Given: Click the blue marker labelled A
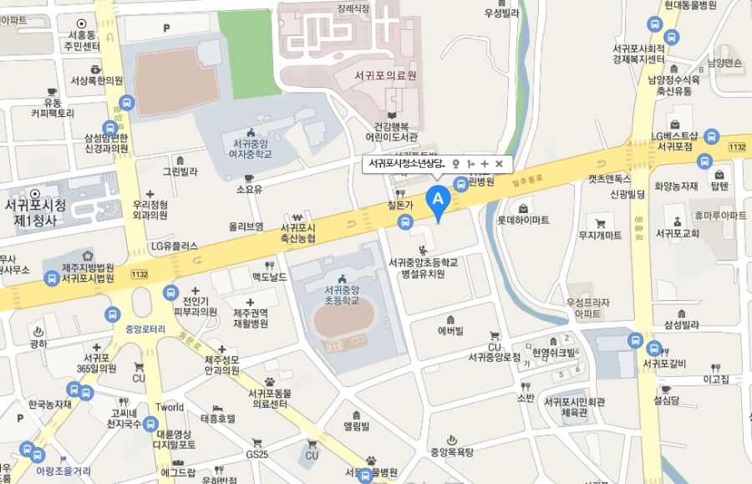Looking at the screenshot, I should click(x=438, y=200).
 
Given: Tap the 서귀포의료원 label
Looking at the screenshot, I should click(x=385, y=75).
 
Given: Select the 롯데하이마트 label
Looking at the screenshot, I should click(x=523, y=221).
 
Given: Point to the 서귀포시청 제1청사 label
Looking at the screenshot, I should click(x=35, y=213).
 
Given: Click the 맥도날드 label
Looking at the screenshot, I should click(x=269, y=277).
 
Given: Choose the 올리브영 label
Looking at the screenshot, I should click(x=246, y=227).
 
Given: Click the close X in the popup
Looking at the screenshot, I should click(x=499, y=164).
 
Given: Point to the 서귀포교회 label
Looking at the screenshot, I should click(x=677, y=233).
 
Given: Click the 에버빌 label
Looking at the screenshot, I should click(x=450, y=330).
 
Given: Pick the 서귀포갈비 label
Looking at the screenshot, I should click(x=664, y=363).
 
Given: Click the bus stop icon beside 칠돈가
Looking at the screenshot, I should click(x=405, y=222).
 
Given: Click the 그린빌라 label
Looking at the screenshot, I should click(x=180, y=171).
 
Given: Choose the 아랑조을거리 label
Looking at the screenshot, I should click(x=63, y=471).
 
